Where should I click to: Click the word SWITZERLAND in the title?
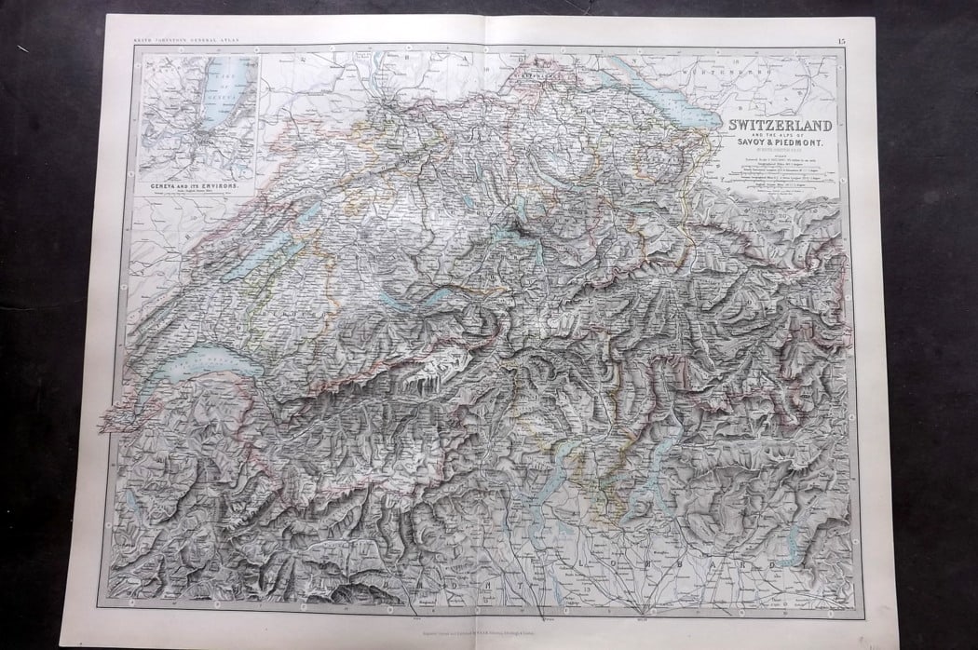coord(779,124)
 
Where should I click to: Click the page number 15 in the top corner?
coord(841,40)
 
